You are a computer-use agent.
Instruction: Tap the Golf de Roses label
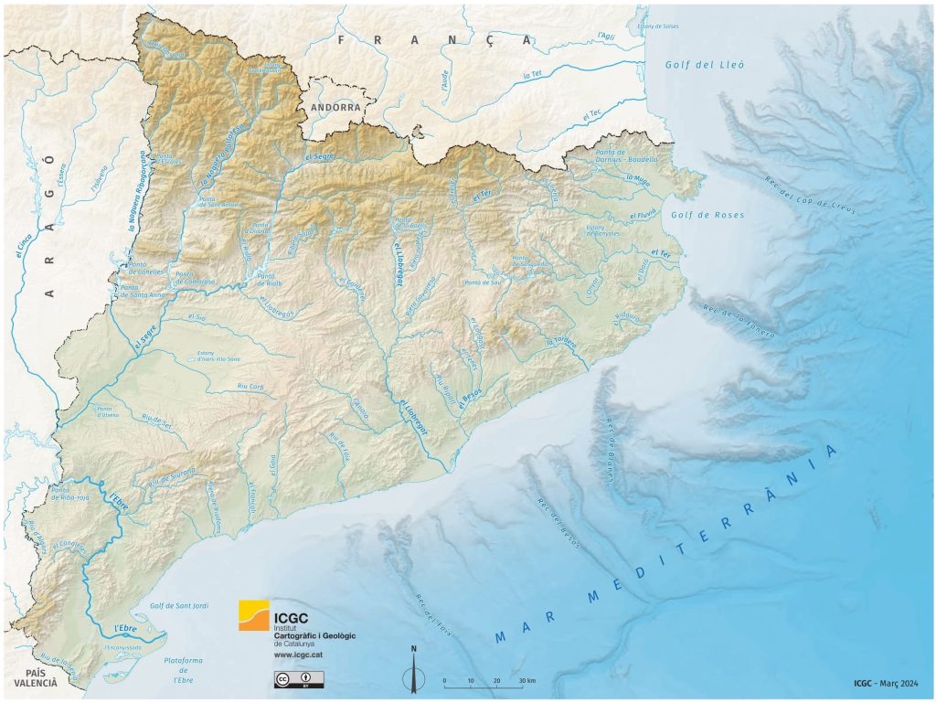click(x=718, y=215)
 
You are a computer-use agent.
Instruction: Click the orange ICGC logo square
click(x=254, y=615)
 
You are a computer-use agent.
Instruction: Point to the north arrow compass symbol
click(x=414, y=668)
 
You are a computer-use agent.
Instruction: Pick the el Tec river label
click(x=592, y=114)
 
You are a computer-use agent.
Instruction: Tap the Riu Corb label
click(x=250, y=387)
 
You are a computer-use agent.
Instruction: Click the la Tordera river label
click(x=561, y=342)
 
